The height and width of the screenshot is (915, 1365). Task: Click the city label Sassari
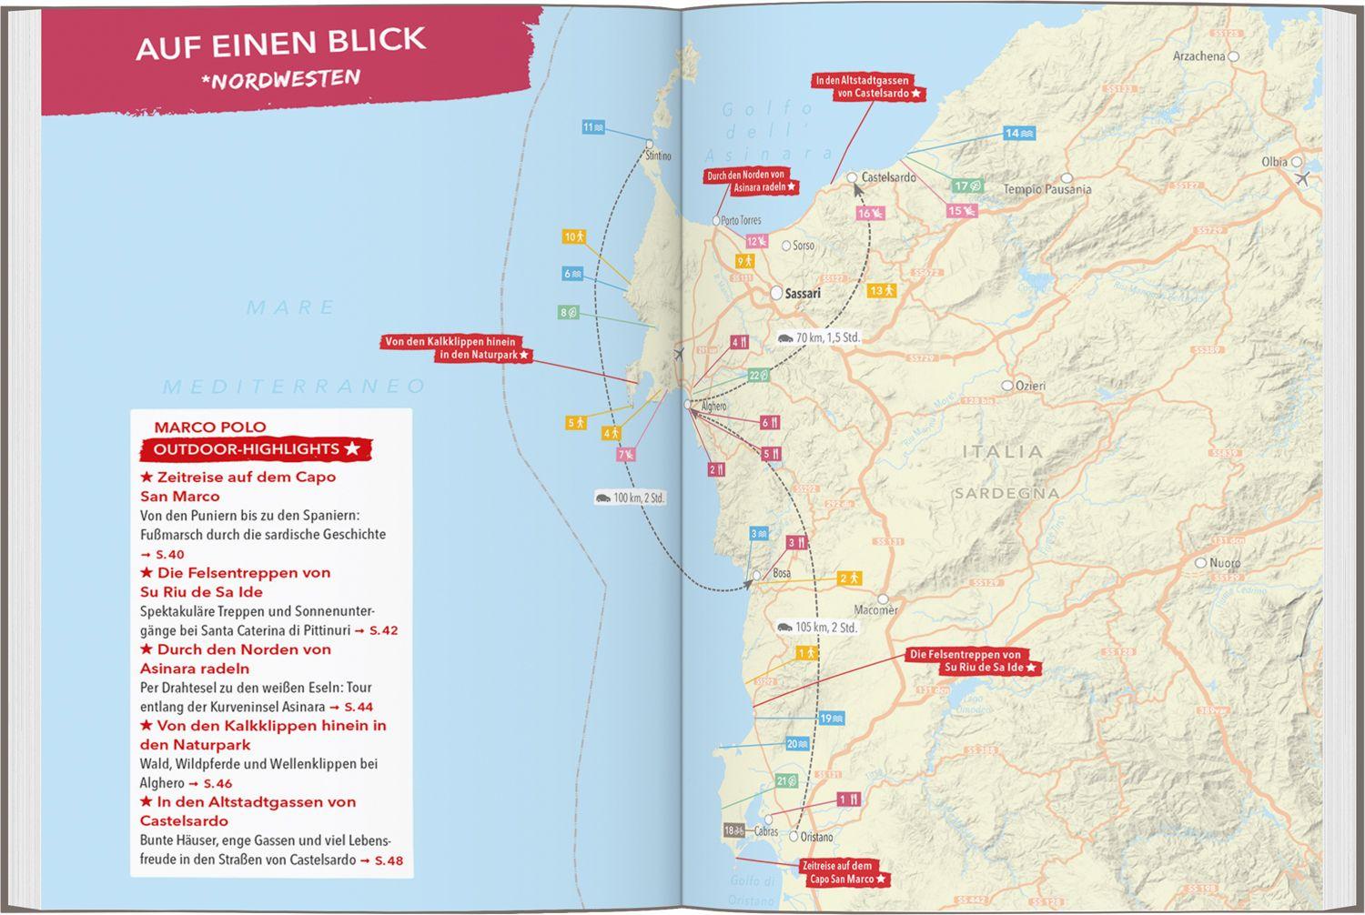pos(802,293)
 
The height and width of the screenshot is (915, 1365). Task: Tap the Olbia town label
pos(1274,162)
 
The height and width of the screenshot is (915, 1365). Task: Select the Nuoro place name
pos(1224,563)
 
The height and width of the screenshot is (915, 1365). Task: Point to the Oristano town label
pos(816,837)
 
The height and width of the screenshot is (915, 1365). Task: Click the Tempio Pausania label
pos(1046,189)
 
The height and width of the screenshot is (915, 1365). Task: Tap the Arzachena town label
pos(1199,56)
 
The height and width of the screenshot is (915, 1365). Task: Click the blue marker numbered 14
pos(1018,134)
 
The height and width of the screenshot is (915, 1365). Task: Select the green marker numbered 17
pos(966,186)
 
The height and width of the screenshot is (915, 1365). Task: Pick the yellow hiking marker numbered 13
pos(882,291)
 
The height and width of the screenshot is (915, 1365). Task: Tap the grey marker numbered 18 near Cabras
pos(734,830)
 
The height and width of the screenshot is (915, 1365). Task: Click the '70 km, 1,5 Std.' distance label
pos(817,337)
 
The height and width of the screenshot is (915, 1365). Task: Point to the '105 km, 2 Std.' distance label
pos(816,628)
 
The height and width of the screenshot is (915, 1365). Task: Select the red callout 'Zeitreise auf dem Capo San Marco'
pos(844,872)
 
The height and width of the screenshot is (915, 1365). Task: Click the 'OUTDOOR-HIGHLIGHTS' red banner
pos(256,449)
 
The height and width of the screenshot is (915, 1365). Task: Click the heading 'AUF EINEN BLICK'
pos(280,42)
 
